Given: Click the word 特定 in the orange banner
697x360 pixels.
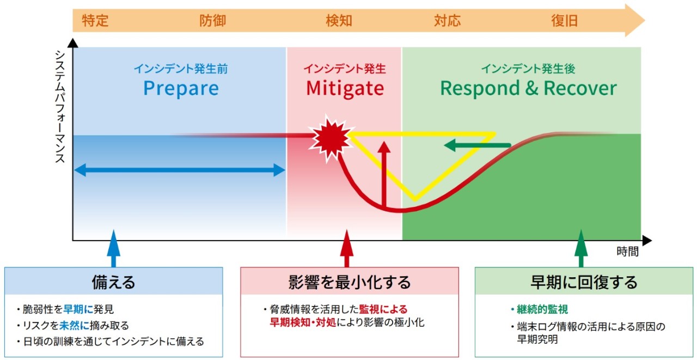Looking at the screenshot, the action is coord(95,21).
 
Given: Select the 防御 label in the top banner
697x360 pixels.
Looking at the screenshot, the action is coord(212,21).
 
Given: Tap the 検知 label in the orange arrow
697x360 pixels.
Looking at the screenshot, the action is coord(339,21).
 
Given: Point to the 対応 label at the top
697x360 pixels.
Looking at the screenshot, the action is coord(447,21).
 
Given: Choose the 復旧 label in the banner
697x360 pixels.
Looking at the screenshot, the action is coord(565,21).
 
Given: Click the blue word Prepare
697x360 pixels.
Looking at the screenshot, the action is coord(181,88).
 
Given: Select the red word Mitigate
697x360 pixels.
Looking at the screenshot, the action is coord(345,88).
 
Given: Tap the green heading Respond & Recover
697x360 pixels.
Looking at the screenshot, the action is coord(528,88).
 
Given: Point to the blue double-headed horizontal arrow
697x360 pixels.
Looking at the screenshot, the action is coord(180,170).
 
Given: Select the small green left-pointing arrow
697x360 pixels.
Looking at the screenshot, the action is coord(477,145).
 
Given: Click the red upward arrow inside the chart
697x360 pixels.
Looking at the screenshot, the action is coord(384,174).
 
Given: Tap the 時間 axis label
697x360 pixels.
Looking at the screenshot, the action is coord(628,252).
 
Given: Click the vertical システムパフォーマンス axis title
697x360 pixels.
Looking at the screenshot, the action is coord(60,106).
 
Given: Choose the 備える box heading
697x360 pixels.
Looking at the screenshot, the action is coord(114,282).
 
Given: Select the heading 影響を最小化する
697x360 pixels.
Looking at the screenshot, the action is coord(350,282).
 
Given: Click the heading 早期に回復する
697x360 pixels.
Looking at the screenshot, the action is coord(584,282).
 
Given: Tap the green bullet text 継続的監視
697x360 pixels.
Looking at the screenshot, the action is coord(542,309).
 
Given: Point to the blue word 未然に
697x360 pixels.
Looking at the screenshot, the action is coord(74,326).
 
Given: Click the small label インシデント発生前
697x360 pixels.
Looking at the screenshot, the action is coord(181,69).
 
